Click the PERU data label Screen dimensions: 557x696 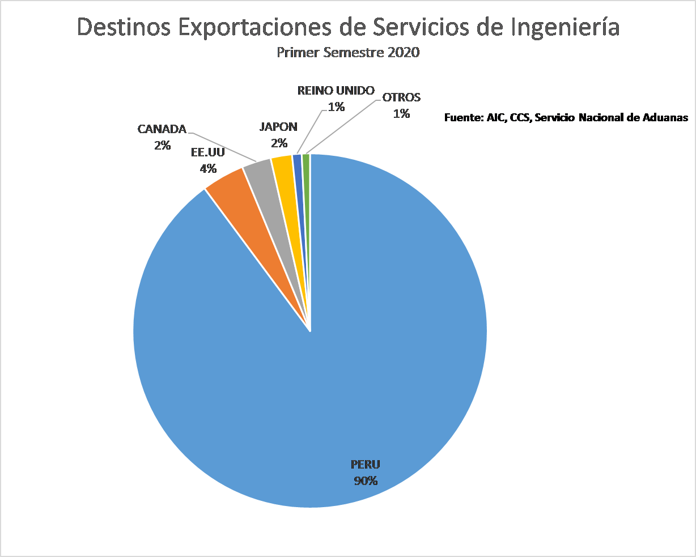(x=366, y=465)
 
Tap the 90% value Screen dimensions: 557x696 (x=366, y=481)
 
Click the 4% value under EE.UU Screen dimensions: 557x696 (x=208, y=168)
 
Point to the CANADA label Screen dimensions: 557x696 (x=162, y=129)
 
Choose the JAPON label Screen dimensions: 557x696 (x=278, y=127)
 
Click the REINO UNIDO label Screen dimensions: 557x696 (x=336, y=91)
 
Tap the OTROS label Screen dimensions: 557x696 (x=401, y=97)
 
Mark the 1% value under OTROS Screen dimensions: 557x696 (x=401, y=113)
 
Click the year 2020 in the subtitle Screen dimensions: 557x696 (x=404, y=53)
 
